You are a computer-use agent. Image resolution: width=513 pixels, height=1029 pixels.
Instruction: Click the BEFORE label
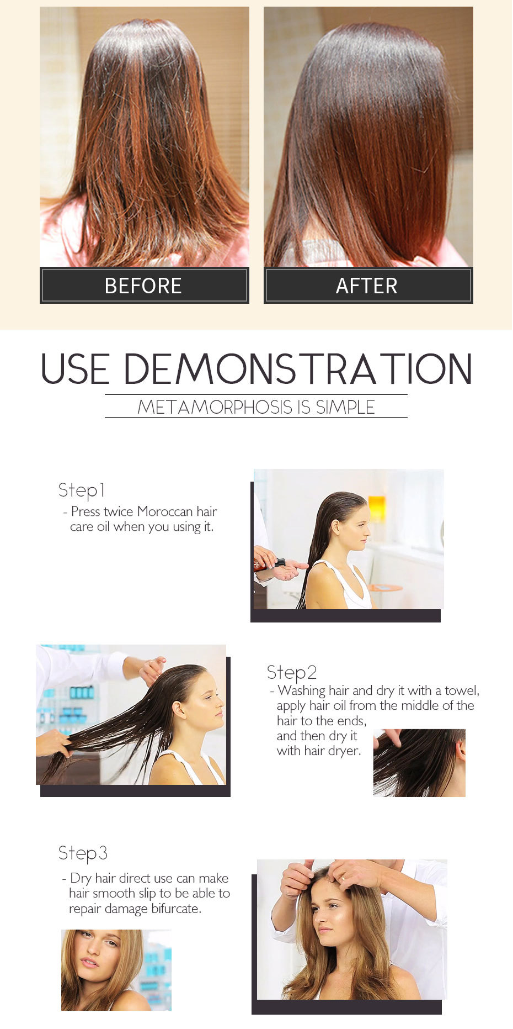pyautogui.click(x=143, y=286)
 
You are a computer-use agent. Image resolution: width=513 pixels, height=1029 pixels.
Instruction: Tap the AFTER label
pyautogui.click(x=367, y=286)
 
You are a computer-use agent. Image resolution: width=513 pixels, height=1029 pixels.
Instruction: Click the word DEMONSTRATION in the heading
pyautogui.click(x=298, y=369)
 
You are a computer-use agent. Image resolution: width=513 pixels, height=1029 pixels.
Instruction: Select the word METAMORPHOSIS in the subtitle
pyautogui.click(x=215, y=407)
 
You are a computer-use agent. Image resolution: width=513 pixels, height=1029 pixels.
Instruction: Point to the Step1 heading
pyautogui.click(x=82, y=490)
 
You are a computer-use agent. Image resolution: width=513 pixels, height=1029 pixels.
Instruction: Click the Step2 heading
pyautogui.click(x=292, y=672)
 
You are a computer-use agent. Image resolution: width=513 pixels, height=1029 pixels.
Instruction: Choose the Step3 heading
pyautogui.click(x=83, y=853)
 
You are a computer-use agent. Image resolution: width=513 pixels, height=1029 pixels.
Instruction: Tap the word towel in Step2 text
pyautogui.click(x=461, y=690)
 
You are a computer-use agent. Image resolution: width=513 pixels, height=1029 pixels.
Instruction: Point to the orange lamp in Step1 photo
pyautogui.click(x=377, y=508)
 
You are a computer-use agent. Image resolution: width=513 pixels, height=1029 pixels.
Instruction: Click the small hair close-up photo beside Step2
pyautogui.click(x=419, y=763)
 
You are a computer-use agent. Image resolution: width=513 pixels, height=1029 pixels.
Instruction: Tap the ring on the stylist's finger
pyautogui.click(x=343, y=877)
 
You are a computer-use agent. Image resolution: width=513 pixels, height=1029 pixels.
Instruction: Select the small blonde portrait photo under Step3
pyautogui.click(x=116, y=970)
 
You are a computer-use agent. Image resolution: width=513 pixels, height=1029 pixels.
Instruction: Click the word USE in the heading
pyautogui.click(x=75, y=369)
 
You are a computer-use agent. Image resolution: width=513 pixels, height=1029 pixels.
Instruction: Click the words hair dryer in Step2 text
pyautogui.click(x=331, y=751)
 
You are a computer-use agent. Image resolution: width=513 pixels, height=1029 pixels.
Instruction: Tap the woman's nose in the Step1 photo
pyautogui.click(x=368, y=527)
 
